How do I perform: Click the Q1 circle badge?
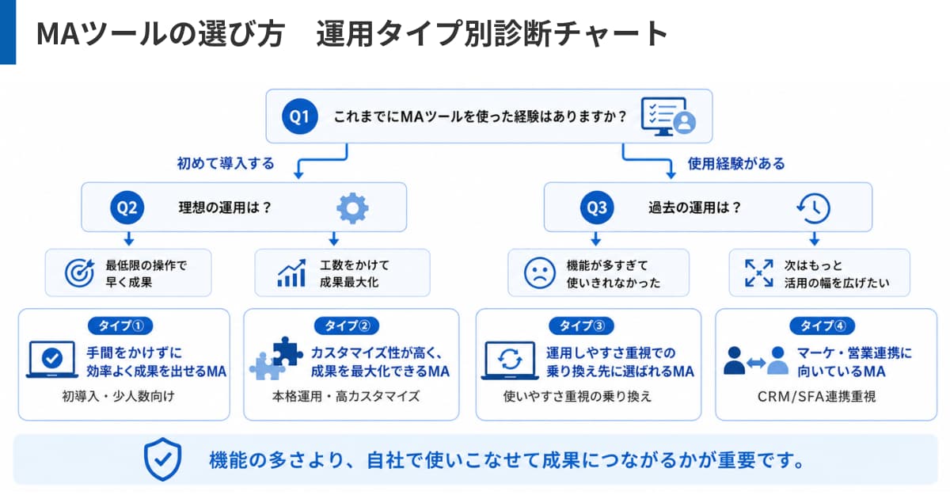(x=299, y=116)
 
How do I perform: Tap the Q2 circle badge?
(x=127, y=208)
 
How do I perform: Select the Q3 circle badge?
(x=597, y=208)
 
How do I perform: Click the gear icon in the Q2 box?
(x=352, y=208)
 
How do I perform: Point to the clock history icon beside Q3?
(x=814, y=208)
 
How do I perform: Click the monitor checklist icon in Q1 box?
(x=668, y=116)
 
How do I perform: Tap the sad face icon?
(x=539, y=273)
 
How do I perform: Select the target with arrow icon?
(x=80, y=272)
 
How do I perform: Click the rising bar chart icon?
(x=291, y=272)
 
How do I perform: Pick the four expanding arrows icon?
(x=758, y=272)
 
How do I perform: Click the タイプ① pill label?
(x=120, y=326)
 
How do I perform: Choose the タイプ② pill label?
(x=347, y=326)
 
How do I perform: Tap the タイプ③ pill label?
(x=581, y=326)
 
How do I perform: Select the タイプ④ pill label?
(x=823, y=326)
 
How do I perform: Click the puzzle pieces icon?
(x=276, y=358)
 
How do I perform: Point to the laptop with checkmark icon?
(x=52, y=360)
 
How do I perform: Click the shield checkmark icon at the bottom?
(x=163, y=459)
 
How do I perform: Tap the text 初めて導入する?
(x=226, y=163)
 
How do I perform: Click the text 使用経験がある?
(x=736, y=163)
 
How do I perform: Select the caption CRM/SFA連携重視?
(x=816, y=396)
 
